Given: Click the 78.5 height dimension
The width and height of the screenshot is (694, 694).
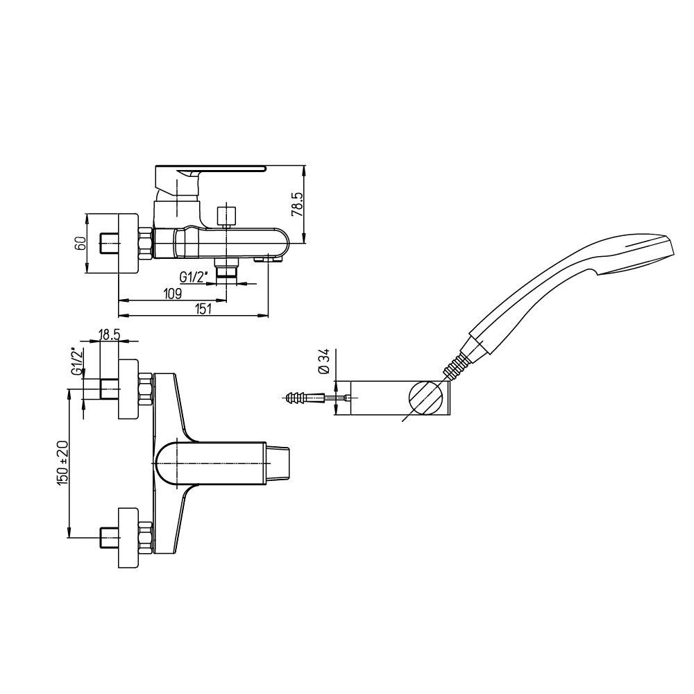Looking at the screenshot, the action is click(x=298, y=203).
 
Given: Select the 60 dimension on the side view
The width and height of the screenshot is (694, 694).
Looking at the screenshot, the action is click(x=80, y=244).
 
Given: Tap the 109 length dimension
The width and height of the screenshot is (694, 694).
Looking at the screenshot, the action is click(x=173, y=293).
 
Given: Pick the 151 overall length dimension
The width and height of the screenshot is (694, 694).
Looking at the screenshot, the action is click(x=203, y=309).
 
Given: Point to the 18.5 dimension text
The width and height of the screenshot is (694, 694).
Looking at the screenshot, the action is click(x=109, y=335).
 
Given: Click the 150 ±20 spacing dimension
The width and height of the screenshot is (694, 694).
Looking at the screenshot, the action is click(x=62, y=462).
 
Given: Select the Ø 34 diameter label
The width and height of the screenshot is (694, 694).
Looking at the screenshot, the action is click(x=324, y=361).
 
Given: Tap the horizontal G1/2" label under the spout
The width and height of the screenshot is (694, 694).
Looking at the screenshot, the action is click(x=194, y=277).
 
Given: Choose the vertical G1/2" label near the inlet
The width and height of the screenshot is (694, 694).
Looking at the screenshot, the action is click(x=77, y=362).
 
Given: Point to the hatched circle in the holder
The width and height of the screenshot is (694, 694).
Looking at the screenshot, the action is click(x=425, y=398).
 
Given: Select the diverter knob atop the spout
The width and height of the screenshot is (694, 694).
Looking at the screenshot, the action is click(x=226, y=216).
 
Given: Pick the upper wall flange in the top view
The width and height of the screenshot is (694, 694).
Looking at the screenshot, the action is click(x=128, y=389).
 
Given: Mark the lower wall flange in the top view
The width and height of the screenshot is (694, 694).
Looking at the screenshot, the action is click(x=128, y=539).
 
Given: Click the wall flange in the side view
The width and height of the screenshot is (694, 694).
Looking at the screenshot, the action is click(x=128, y=244).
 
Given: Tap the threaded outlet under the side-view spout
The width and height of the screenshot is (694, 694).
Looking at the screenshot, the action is click(x=226, y=270).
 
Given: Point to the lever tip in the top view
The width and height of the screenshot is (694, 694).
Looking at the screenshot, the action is click(x=278, y=464).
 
